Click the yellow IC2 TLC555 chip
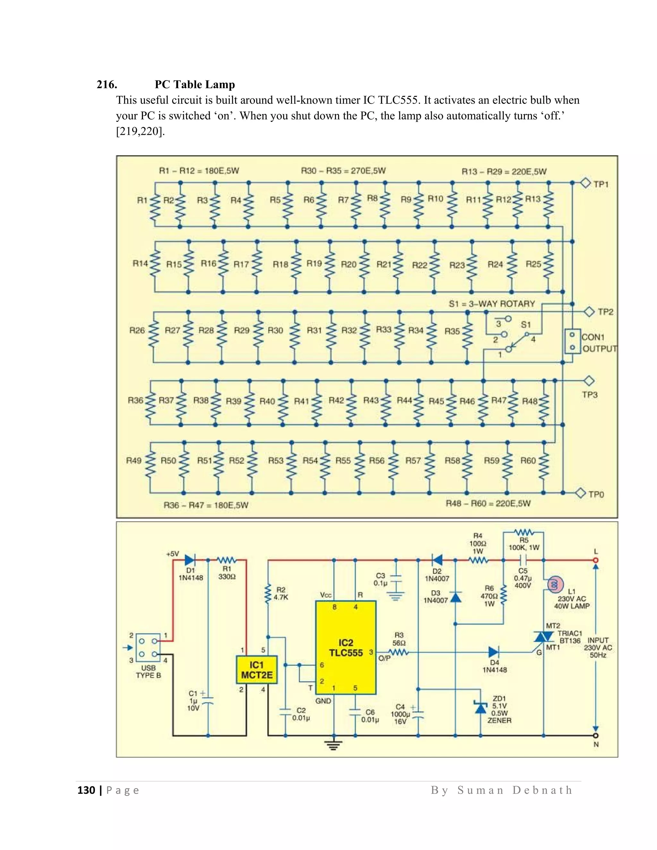tap(345, 648)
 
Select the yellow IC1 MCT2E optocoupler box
tap(257, 669)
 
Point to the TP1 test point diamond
tap(586, 183)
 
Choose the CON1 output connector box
tap(572, 341)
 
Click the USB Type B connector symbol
tap(148, 648)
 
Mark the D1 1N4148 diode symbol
tap(190, 560)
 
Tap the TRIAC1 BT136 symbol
tap(544, 637)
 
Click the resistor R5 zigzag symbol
tap(524, 531)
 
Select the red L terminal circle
tap(595, 560)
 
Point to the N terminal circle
tap(595, 735)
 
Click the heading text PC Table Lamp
tap(195, 84)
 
